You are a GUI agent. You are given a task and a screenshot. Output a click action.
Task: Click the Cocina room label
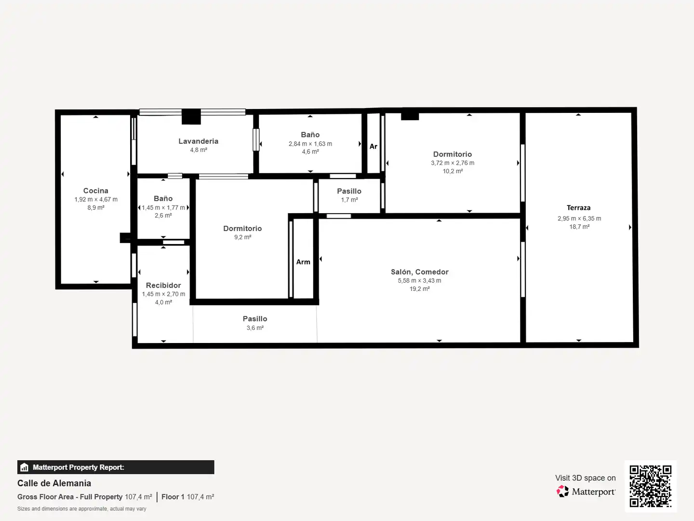pyautogui.click(x=96, y=191)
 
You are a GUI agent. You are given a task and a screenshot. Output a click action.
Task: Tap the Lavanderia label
pyautogui.click(x=198, y=141)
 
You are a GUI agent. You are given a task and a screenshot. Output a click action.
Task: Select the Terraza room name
pyautogui.click(x=579, y=208)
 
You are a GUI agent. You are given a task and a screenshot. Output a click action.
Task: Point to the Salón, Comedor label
pyautogui.click(x=420, y=272)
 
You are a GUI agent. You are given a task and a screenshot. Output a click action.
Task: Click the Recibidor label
pyautogui.click(x=163, y=285)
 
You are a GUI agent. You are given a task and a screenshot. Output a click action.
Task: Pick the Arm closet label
pyautogui.click(x=303, y=262)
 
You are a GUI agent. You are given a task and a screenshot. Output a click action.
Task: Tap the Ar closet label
pyautogui.click(x=374, y=147)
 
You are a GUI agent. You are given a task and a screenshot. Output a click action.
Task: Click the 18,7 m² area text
pyautogui.click(x=580, y=227)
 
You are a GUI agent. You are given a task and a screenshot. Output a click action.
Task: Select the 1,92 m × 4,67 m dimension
pyautogui.click(x=96, y=199)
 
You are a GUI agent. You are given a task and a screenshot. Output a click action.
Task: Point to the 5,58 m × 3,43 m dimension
pyautogui.click(x=420, y=281)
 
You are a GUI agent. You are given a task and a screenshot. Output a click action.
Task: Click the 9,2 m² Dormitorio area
pyautogui.click(x=242, y=237)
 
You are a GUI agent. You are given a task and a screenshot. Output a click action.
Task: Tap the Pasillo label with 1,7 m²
pyautogui.click(x=349, y=191)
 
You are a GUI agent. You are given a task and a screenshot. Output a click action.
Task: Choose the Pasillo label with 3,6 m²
pyautogui.click(x=255, y=318)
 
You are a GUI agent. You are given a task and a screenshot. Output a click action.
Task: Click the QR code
pyautogui.click(x=650, y=486)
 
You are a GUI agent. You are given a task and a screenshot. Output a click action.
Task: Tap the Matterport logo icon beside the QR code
pyautogui.click(x=562, y=491)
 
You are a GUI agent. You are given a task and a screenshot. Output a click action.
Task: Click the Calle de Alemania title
pyautogui.click(x=54, y=483)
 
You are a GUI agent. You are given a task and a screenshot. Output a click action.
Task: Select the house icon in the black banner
pyautogui.click(x=25, y=467)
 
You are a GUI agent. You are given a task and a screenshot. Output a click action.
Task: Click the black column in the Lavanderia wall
pyautogui.click(x=191, y=116)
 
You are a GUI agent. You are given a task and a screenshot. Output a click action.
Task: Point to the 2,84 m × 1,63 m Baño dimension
pyautogui.click(x=310, y=144)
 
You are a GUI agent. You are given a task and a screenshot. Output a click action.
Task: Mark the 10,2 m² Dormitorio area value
pyautogui.click(x=453, y=171)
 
